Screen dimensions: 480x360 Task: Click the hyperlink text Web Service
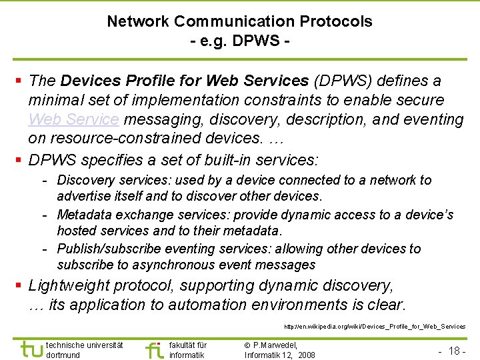(x=74, y=119)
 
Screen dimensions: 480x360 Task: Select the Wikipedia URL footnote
(x=375, y=327)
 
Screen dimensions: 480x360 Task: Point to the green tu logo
(x=31, y=349)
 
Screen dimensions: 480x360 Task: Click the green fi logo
(x=155, y=349)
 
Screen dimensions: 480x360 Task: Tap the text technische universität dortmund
(x=84, y=350)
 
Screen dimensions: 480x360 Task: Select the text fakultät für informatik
(x=188, y=350)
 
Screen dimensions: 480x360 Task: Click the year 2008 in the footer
(x=306, y=355)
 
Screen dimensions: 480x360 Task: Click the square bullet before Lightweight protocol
(x=19, y=286)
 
